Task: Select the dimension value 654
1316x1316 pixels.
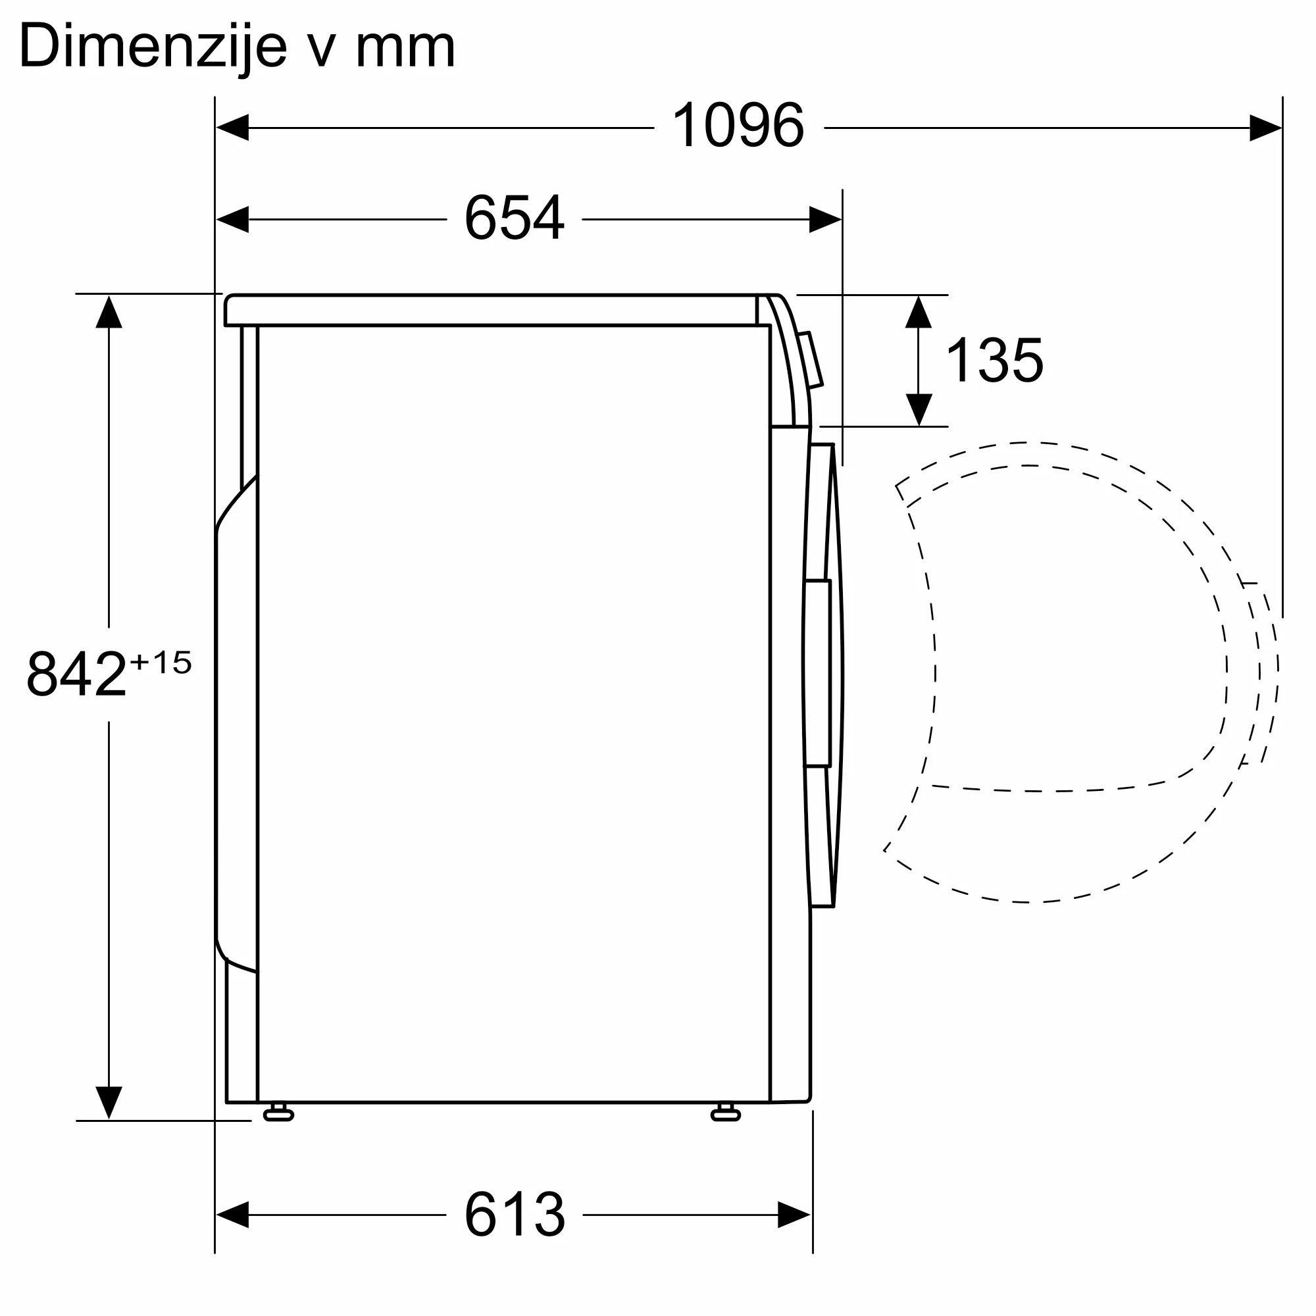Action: coord(515,218)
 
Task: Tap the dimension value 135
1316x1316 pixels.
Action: coord(994,361)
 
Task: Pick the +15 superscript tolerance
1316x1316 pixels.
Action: coord(161,662)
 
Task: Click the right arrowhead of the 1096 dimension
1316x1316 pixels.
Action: coord(1265,128)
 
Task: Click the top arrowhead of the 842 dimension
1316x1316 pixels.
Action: coord(109,312)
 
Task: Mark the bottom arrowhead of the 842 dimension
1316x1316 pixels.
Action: coord(109,1102)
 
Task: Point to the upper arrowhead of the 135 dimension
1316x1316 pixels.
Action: coord(918,312)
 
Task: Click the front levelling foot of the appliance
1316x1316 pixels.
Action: coord(725,1115)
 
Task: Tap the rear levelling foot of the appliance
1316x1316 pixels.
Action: coord(278,1115)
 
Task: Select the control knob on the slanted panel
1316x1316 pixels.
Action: coord(811,360)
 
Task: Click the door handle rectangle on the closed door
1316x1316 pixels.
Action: coord(817,673)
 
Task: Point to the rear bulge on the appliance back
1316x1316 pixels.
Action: coord(235,722)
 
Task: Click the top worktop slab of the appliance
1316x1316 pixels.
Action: coord(490,311)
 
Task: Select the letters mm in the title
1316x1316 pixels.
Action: coord(405,47)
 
